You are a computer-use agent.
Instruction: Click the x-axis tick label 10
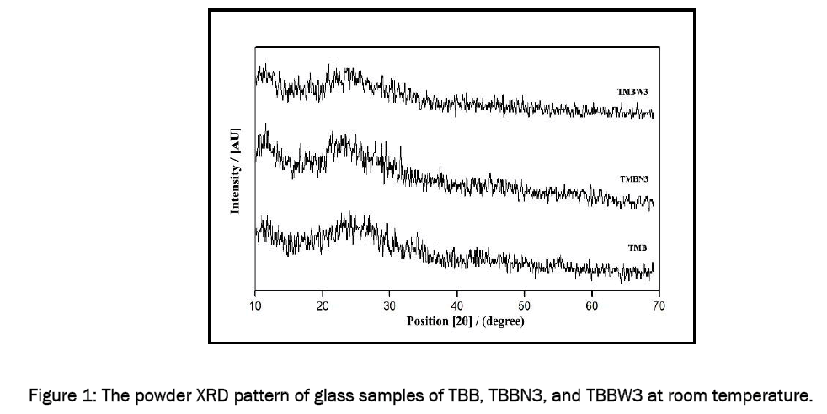(255, 305)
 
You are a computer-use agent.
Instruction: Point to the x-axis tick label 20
(323, 305)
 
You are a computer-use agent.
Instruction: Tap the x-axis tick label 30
(390, 305)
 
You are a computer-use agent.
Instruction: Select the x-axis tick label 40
(457, 305)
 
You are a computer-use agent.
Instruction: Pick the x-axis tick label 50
(525, 305)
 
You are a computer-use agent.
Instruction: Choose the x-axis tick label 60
(592, 305)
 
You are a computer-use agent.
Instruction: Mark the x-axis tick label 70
(659, 305)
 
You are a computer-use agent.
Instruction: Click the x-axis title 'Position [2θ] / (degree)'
(465, 321)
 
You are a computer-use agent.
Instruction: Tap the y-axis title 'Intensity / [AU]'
(236, 171)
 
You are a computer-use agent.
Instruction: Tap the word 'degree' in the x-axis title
(503, 321)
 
